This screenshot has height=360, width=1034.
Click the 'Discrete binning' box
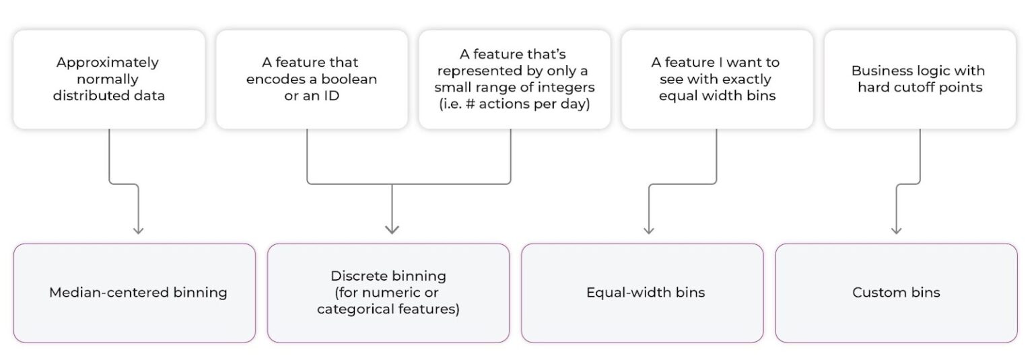click(388, 293)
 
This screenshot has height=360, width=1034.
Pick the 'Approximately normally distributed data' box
click(108, 79)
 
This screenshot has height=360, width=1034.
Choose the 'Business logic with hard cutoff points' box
click(919, 79)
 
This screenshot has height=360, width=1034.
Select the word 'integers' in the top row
click(568, 87)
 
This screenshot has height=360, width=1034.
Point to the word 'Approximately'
click(108, 63)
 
